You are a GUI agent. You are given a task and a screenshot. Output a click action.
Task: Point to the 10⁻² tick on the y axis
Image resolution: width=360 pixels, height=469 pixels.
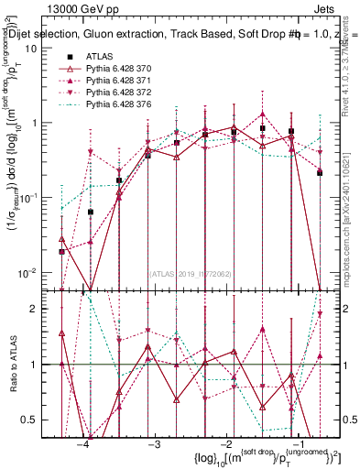click(27, 273)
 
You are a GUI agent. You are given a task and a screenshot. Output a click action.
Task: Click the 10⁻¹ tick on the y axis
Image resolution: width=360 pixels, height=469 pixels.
click(27, 198)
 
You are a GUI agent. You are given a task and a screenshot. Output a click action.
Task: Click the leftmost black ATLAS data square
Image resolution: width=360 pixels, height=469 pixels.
click(61, 251)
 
